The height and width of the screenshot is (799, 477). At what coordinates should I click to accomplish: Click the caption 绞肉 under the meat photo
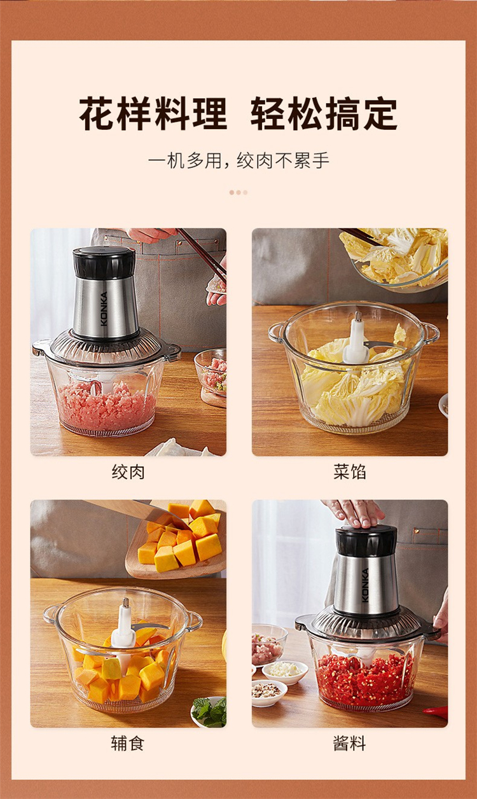click(128, 472)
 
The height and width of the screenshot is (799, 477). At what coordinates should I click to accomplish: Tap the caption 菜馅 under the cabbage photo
click(350, 471)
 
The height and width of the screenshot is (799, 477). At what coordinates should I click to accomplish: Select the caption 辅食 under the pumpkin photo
click(128, 743)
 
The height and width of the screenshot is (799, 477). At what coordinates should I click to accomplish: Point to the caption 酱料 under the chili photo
click(349, 743)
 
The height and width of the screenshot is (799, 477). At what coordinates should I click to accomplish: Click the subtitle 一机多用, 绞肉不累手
click(238, 160)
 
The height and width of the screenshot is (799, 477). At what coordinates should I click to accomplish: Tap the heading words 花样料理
click(153, 113)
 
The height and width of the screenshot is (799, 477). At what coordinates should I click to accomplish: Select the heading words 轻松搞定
click(324, 113)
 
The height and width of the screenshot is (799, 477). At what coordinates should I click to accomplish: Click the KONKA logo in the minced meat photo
click(104, 309)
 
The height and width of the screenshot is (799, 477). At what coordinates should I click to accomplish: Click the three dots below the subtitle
click(238, 192)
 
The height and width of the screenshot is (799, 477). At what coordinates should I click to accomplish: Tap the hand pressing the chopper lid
click(355, 513)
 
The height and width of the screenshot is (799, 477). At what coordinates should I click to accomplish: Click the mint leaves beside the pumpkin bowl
click(211, 712)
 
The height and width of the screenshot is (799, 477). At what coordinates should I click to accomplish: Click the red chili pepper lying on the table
click(436, 711)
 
